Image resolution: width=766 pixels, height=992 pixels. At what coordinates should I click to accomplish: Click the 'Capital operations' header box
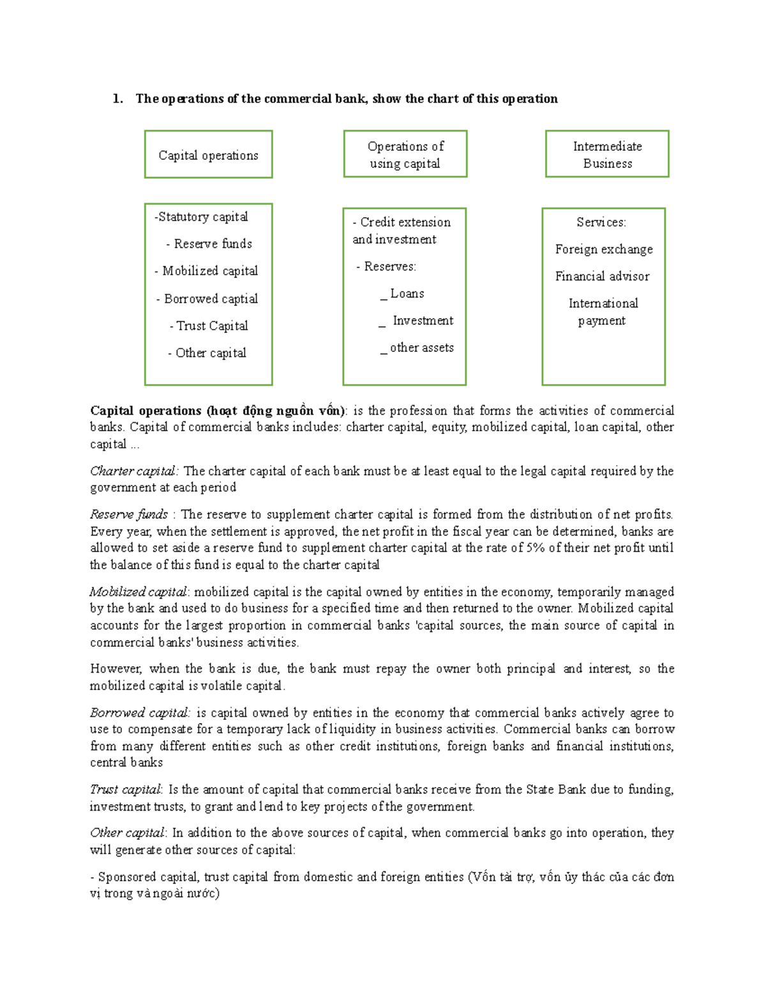tap(208, 155)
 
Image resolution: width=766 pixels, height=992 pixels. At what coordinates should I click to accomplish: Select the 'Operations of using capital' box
tap(405, 155)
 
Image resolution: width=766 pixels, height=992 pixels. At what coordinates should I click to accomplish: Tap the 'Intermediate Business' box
tap(607, 155)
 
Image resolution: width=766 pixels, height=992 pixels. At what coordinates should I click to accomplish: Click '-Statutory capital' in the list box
tap(201, 217)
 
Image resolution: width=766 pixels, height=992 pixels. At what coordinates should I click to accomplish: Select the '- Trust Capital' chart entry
tap(209, 326)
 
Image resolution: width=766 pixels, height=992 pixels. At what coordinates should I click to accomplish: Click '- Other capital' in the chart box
tap(207, 353)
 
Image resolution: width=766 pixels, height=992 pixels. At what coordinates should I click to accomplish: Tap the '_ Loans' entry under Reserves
tap(403, 294)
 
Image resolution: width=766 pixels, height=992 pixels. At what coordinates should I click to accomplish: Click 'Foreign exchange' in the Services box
tap(604, 250)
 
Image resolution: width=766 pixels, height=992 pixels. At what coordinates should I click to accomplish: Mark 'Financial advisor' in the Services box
tap(602, 277)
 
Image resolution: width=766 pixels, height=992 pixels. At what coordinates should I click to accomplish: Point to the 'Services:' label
tap(601, 222)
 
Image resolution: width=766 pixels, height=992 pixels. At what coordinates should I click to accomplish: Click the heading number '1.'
tap(117, 99)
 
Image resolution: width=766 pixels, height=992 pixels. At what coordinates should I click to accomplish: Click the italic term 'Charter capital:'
tap(135, 471)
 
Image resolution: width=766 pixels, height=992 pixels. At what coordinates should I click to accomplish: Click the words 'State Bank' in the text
tap(555, 790)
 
